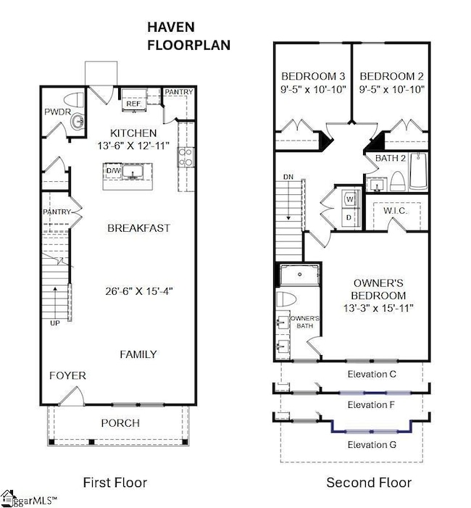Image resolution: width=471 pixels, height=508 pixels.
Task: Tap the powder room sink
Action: pos(78,122)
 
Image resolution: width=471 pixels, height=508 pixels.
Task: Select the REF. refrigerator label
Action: pos(134,104)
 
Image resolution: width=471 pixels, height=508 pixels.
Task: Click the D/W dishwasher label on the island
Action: pos(113,170)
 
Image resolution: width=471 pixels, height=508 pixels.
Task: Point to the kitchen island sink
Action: pos(133,172)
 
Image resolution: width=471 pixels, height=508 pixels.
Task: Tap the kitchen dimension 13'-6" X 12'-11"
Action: pos(133,146)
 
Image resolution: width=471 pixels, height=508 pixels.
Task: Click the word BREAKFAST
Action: pos(138,228)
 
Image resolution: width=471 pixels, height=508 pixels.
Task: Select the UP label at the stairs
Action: pos(55,323)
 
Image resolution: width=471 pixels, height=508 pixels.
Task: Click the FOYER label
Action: pos(67,375)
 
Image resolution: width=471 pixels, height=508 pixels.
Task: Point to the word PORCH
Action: pos(120,423)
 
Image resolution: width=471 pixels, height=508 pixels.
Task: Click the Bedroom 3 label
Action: pos(313,76)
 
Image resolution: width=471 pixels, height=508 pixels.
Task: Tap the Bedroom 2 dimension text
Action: pos(391,89)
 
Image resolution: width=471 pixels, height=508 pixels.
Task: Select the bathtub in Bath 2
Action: pos(419,171)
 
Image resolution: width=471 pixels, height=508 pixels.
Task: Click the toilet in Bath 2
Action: pos(397,181)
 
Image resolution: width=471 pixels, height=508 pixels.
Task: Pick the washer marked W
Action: pos(350,199)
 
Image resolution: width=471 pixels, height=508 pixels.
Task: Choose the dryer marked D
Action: pos(349,217)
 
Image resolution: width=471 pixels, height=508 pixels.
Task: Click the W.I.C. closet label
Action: pos(395,211)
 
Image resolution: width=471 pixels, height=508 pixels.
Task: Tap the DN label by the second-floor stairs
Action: pos(288,177)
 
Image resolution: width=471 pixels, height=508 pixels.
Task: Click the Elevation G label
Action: pos(372,445)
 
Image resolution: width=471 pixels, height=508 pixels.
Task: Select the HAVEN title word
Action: pos(171,28)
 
